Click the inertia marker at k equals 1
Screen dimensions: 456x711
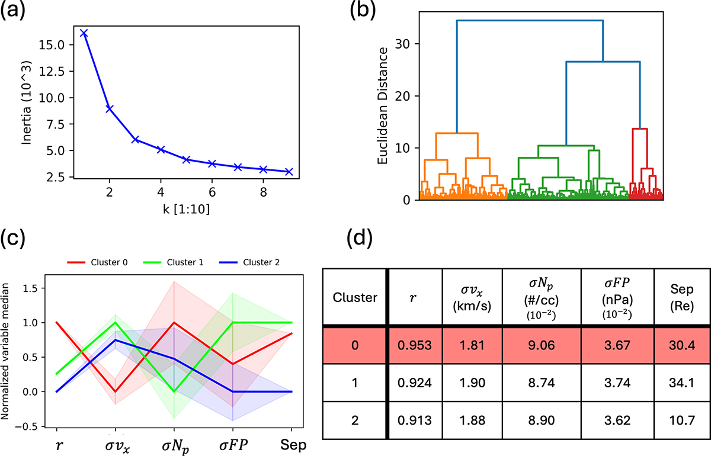coord(84,33)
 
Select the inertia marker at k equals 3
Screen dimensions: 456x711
coord(136,140)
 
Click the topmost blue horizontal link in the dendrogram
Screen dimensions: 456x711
coord(529,21)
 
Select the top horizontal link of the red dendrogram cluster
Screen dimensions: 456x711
coord(640,129)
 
